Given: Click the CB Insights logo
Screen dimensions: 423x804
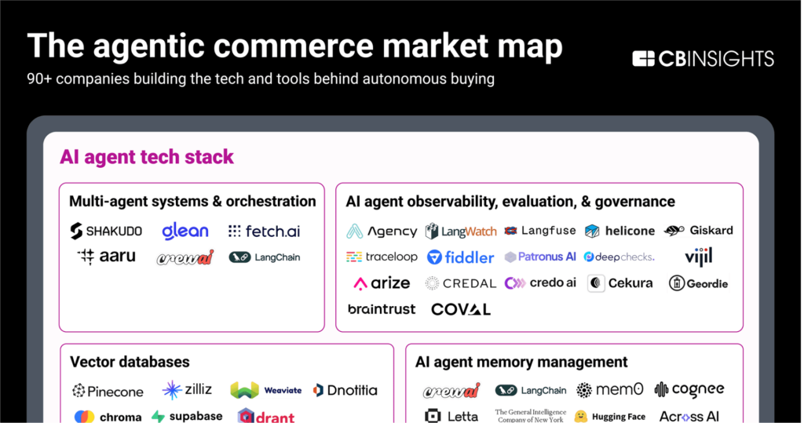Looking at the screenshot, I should pyautogui.click(x=703, y=59).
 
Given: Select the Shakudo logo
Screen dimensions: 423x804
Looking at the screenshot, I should pyautogui.click(x=106, y=231).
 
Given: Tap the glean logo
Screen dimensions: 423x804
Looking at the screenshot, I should pyautogui.click(x=185, y=231).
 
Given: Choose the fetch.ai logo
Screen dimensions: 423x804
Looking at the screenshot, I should pyautogui.click(x=264, y=232).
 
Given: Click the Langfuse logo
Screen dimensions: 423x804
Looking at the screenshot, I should pyautogui.click(x=540, y=231).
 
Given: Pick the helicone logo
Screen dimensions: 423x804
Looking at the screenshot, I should pyautogui.click(x=619, y=231).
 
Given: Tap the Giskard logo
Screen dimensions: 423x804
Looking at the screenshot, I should pyautogui.click(x=699, y=231).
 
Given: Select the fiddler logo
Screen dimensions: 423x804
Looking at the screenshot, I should pyautogui.click(x=460, y=257).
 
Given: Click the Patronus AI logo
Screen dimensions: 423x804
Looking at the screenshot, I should pyautogui.click(x=540, y=257).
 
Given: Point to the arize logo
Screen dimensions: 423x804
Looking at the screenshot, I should pyautogui.click(x=382, y=283).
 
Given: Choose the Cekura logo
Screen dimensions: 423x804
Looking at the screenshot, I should pyautogui.click(x=619, y=283).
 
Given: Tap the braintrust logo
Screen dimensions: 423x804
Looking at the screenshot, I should pyautogui.click(x=382, y=309).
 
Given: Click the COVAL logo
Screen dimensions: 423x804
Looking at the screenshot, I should pyautogui.click(x=461, y=309).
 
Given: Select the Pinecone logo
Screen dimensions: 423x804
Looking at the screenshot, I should pyautogui.click(x=108, y=391).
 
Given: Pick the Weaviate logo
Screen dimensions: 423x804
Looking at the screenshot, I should pyautogui.click(x=266, y=390).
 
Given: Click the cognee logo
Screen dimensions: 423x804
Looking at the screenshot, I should pyautogui.click(x=689, y=390).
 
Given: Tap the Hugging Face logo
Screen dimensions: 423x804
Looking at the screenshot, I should pyautogui.click(x=610, y=417).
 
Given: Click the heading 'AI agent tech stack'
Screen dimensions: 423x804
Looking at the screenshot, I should pyautogui.click(x=147, y=157).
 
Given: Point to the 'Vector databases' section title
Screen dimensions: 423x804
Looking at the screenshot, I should pyautogui.click(x=130, y=362).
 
